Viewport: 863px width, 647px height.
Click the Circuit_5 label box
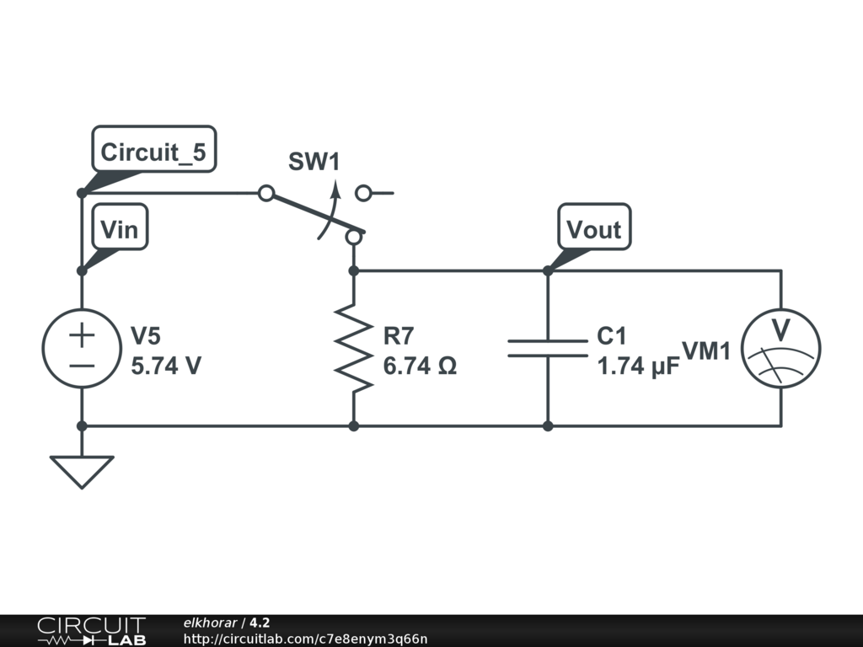(x=154, y=149)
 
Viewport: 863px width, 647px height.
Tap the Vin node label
(x=120, y=227)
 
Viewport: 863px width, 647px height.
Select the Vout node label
(x=594, y=227)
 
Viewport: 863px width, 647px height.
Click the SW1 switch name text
(x=314, y=161)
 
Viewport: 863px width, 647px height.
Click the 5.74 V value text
(x=166, y=366)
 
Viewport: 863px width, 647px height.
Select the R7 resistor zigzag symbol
(x=354, y=348)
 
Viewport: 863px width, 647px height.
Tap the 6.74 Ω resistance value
(x=420, y=366)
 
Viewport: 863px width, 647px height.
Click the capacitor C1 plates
(x=548, y=348)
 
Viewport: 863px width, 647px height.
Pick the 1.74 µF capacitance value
(x=639, y=366)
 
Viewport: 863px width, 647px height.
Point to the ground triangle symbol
(x=82, y=472)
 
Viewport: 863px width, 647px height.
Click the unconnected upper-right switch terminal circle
(x=363, y=193)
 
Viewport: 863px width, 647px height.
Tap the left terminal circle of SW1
(x=266, y=193)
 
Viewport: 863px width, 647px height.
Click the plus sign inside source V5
(x=82, y=335)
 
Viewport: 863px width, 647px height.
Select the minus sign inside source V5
(x=82, y=366)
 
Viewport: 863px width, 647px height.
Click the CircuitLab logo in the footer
(x=92, y=631)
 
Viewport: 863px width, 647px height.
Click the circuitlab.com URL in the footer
(x=305, y=639)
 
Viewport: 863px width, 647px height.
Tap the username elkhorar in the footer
(x=210, y=623)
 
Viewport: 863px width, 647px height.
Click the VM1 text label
(x=706, y=351)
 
